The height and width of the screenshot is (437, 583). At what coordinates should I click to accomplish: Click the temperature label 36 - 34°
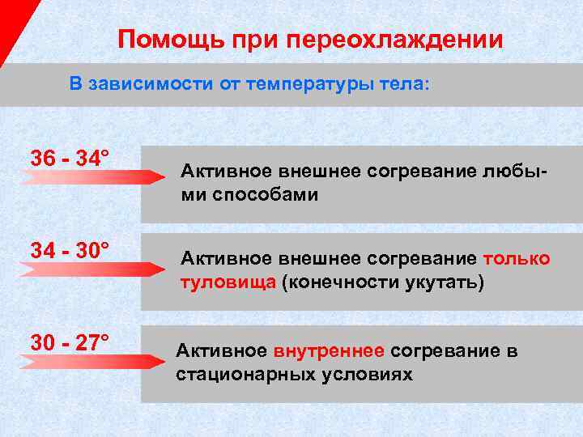(x=70, y=158)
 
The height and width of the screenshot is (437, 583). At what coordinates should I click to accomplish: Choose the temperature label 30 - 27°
(x=70, y=342)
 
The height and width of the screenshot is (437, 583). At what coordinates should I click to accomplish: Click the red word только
(x=516, y=258)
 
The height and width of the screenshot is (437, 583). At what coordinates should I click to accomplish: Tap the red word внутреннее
(x=330, y=351)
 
